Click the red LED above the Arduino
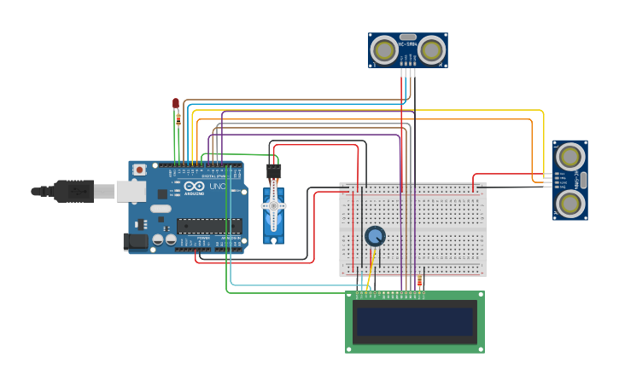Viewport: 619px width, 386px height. (176, 103)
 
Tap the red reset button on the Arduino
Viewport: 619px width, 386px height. (139, 170)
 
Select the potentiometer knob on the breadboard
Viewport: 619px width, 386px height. (374, 236)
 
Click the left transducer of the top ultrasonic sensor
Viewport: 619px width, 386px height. (385, 51)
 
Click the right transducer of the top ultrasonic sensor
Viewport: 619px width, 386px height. (431, 51)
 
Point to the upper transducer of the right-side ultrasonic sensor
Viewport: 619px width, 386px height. (569, 156)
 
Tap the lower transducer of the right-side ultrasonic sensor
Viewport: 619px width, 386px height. (569, 203)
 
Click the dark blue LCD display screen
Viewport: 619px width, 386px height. (415, 321)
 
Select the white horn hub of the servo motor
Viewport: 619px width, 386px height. (273, 206)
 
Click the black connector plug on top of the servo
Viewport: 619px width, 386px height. (273, 171)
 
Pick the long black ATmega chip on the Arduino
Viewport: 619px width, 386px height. (208, 226)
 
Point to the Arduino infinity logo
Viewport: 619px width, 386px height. (194, 187)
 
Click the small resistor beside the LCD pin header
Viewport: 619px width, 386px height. (419, 282)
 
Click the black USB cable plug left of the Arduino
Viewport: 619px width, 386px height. (73, 191)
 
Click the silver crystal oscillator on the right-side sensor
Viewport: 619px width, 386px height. (584, 180)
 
